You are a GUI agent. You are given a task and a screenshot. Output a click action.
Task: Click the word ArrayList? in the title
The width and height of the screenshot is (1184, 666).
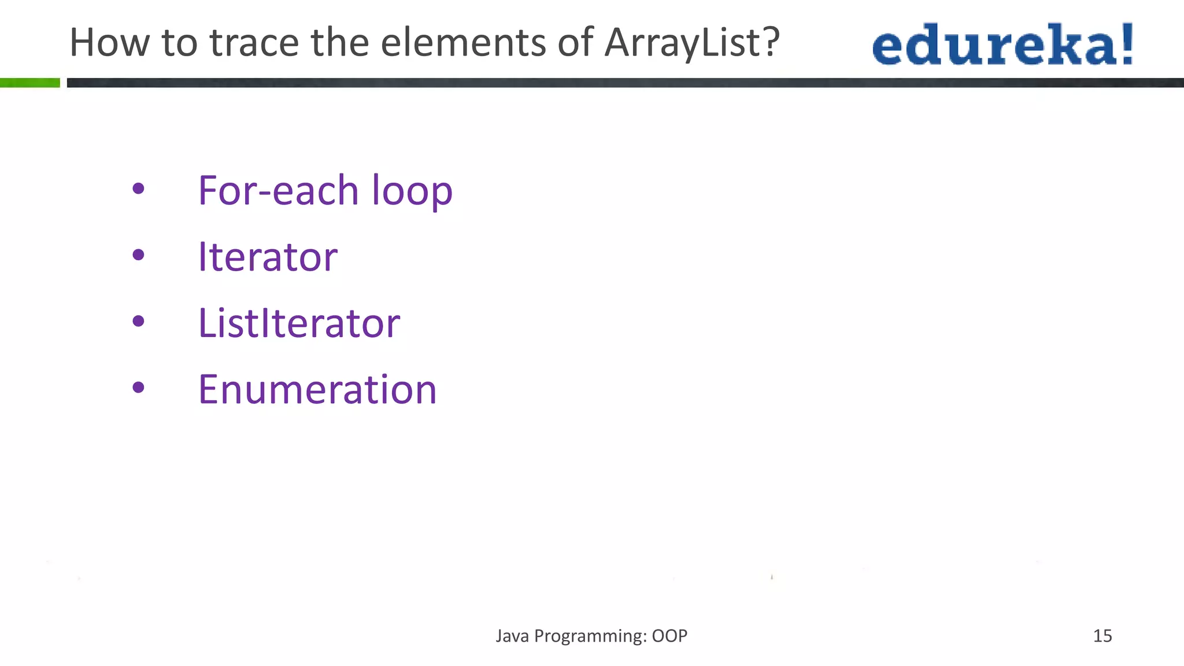[692, 43]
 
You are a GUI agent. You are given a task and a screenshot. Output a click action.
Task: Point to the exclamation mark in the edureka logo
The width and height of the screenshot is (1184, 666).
[1127, 43]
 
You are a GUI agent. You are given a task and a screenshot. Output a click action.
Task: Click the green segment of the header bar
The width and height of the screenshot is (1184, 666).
[30, 83]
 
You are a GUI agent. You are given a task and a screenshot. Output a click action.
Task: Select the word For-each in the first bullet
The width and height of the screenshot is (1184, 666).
[278, 190]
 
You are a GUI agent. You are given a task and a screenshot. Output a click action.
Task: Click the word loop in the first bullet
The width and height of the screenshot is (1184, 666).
[412, 191]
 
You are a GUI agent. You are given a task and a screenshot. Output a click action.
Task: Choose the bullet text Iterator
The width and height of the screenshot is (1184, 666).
[268, 257]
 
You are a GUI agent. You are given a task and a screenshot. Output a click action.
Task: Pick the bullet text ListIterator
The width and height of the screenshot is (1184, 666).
[299, 323]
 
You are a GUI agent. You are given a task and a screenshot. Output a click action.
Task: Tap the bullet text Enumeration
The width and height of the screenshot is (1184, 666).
[317, 389]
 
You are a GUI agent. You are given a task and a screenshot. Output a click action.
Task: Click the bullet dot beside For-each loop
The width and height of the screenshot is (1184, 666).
[138, 188]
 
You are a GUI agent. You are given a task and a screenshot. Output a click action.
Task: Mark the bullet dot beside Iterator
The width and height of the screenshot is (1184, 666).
[138, 254]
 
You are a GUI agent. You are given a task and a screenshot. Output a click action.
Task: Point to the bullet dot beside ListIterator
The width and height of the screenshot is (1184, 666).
[138, 321]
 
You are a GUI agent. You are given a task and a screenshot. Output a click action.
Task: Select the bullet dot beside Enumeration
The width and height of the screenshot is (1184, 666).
[138, 387]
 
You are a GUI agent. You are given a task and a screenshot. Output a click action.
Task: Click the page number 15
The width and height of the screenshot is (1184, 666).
[1102, 636]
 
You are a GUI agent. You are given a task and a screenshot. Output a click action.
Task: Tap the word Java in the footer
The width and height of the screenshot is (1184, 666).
[512, 636]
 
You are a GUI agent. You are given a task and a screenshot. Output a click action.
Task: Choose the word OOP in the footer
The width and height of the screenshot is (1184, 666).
[669, 636]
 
